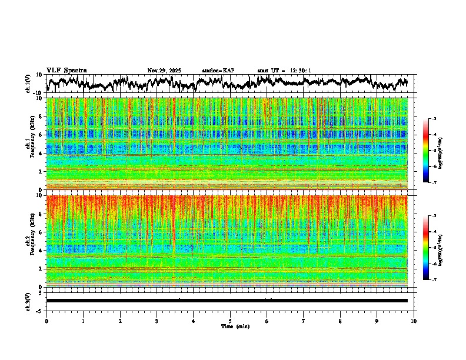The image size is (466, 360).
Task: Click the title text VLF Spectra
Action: pos(66,70)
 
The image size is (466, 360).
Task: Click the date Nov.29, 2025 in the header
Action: pos(164,71)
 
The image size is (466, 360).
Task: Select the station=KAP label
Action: pos(218,71)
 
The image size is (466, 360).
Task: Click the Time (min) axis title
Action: pos(235,326)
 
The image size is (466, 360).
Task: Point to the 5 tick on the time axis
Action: pos(230,321)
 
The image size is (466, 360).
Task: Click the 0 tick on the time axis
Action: pos(46,321)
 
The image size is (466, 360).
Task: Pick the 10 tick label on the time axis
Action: pos(414,321)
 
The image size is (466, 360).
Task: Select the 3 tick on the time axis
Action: pos(157,321)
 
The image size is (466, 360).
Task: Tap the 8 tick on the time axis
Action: pos(340,321)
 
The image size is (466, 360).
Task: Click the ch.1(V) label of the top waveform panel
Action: pos(28,84)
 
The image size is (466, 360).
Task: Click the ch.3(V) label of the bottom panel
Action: pos(28,300)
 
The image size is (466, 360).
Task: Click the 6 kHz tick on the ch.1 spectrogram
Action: pos(41,135)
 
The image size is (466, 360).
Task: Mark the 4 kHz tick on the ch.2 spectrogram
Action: pos(41,250)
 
